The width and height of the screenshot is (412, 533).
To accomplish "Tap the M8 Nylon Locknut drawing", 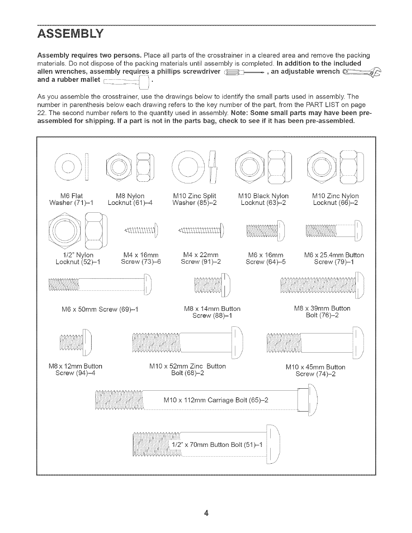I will coord(129,166).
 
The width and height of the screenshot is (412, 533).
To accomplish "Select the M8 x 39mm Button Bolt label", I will coord(322,312).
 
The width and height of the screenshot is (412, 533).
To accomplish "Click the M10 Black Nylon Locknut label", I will coord(263,199).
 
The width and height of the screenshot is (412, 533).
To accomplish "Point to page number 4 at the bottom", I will coord(206,513).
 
